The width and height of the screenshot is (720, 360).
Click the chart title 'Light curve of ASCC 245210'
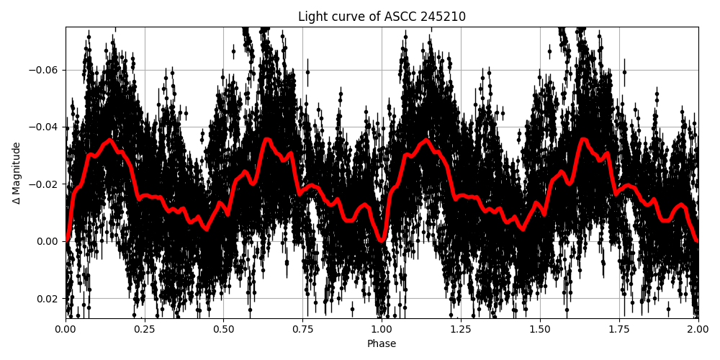(x=382, y=17)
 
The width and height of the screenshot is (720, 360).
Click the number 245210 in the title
(x=445, y=17)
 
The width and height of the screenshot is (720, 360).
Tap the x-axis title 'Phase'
(x=382, y=344)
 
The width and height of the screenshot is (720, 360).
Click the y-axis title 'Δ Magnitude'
(x=17, y=173)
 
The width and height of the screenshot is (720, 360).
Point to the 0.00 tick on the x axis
(x=66, y=330)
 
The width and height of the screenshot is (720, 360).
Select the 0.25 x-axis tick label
(x=145, y=330)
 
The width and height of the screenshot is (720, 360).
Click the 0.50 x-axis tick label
(x=224, y=330)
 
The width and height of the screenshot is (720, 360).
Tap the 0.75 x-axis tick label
(x=302, y=330)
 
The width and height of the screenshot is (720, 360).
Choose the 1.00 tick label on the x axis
(x=382, y=330)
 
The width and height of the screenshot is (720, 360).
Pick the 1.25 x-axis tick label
(x=461, y=330)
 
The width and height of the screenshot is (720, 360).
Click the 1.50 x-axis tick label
(x=540, y=330)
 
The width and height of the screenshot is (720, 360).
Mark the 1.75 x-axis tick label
(x=619, y=330)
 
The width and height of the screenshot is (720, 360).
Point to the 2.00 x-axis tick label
(x=698, y=330)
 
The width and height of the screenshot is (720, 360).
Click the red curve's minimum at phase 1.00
(x=382, y=240)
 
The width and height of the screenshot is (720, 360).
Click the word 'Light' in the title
(x=312, y=17)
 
